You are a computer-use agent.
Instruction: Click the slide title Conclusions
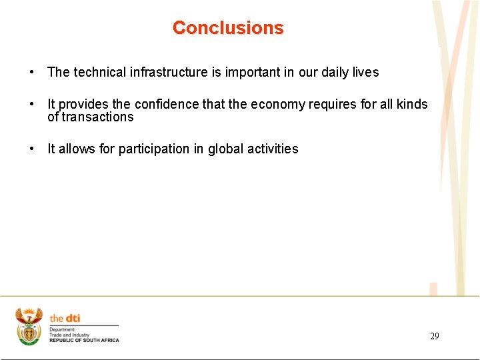coord(228,28)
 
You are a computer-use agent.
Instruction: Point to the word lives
coord(366,72)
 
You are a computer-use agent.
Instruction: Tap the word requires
coord(331,104)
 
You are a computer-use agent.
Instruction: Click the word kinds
coord(412,104)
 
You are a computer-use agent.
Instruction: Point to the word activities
coord(273,149)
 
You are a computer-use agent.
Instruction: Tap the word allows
coord(77,149)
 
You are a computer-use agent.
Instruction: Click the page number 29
coord(434,336)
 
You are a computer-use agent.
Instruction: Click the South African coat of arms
coord(29,326)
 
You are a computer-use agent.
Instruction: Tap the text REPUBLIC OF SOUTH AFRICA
coord(84,341)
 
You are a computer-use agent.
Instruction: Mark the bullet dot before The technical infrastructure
coord(32,72)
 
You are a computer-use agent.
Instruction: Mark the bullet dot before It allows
coord(32,149)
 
